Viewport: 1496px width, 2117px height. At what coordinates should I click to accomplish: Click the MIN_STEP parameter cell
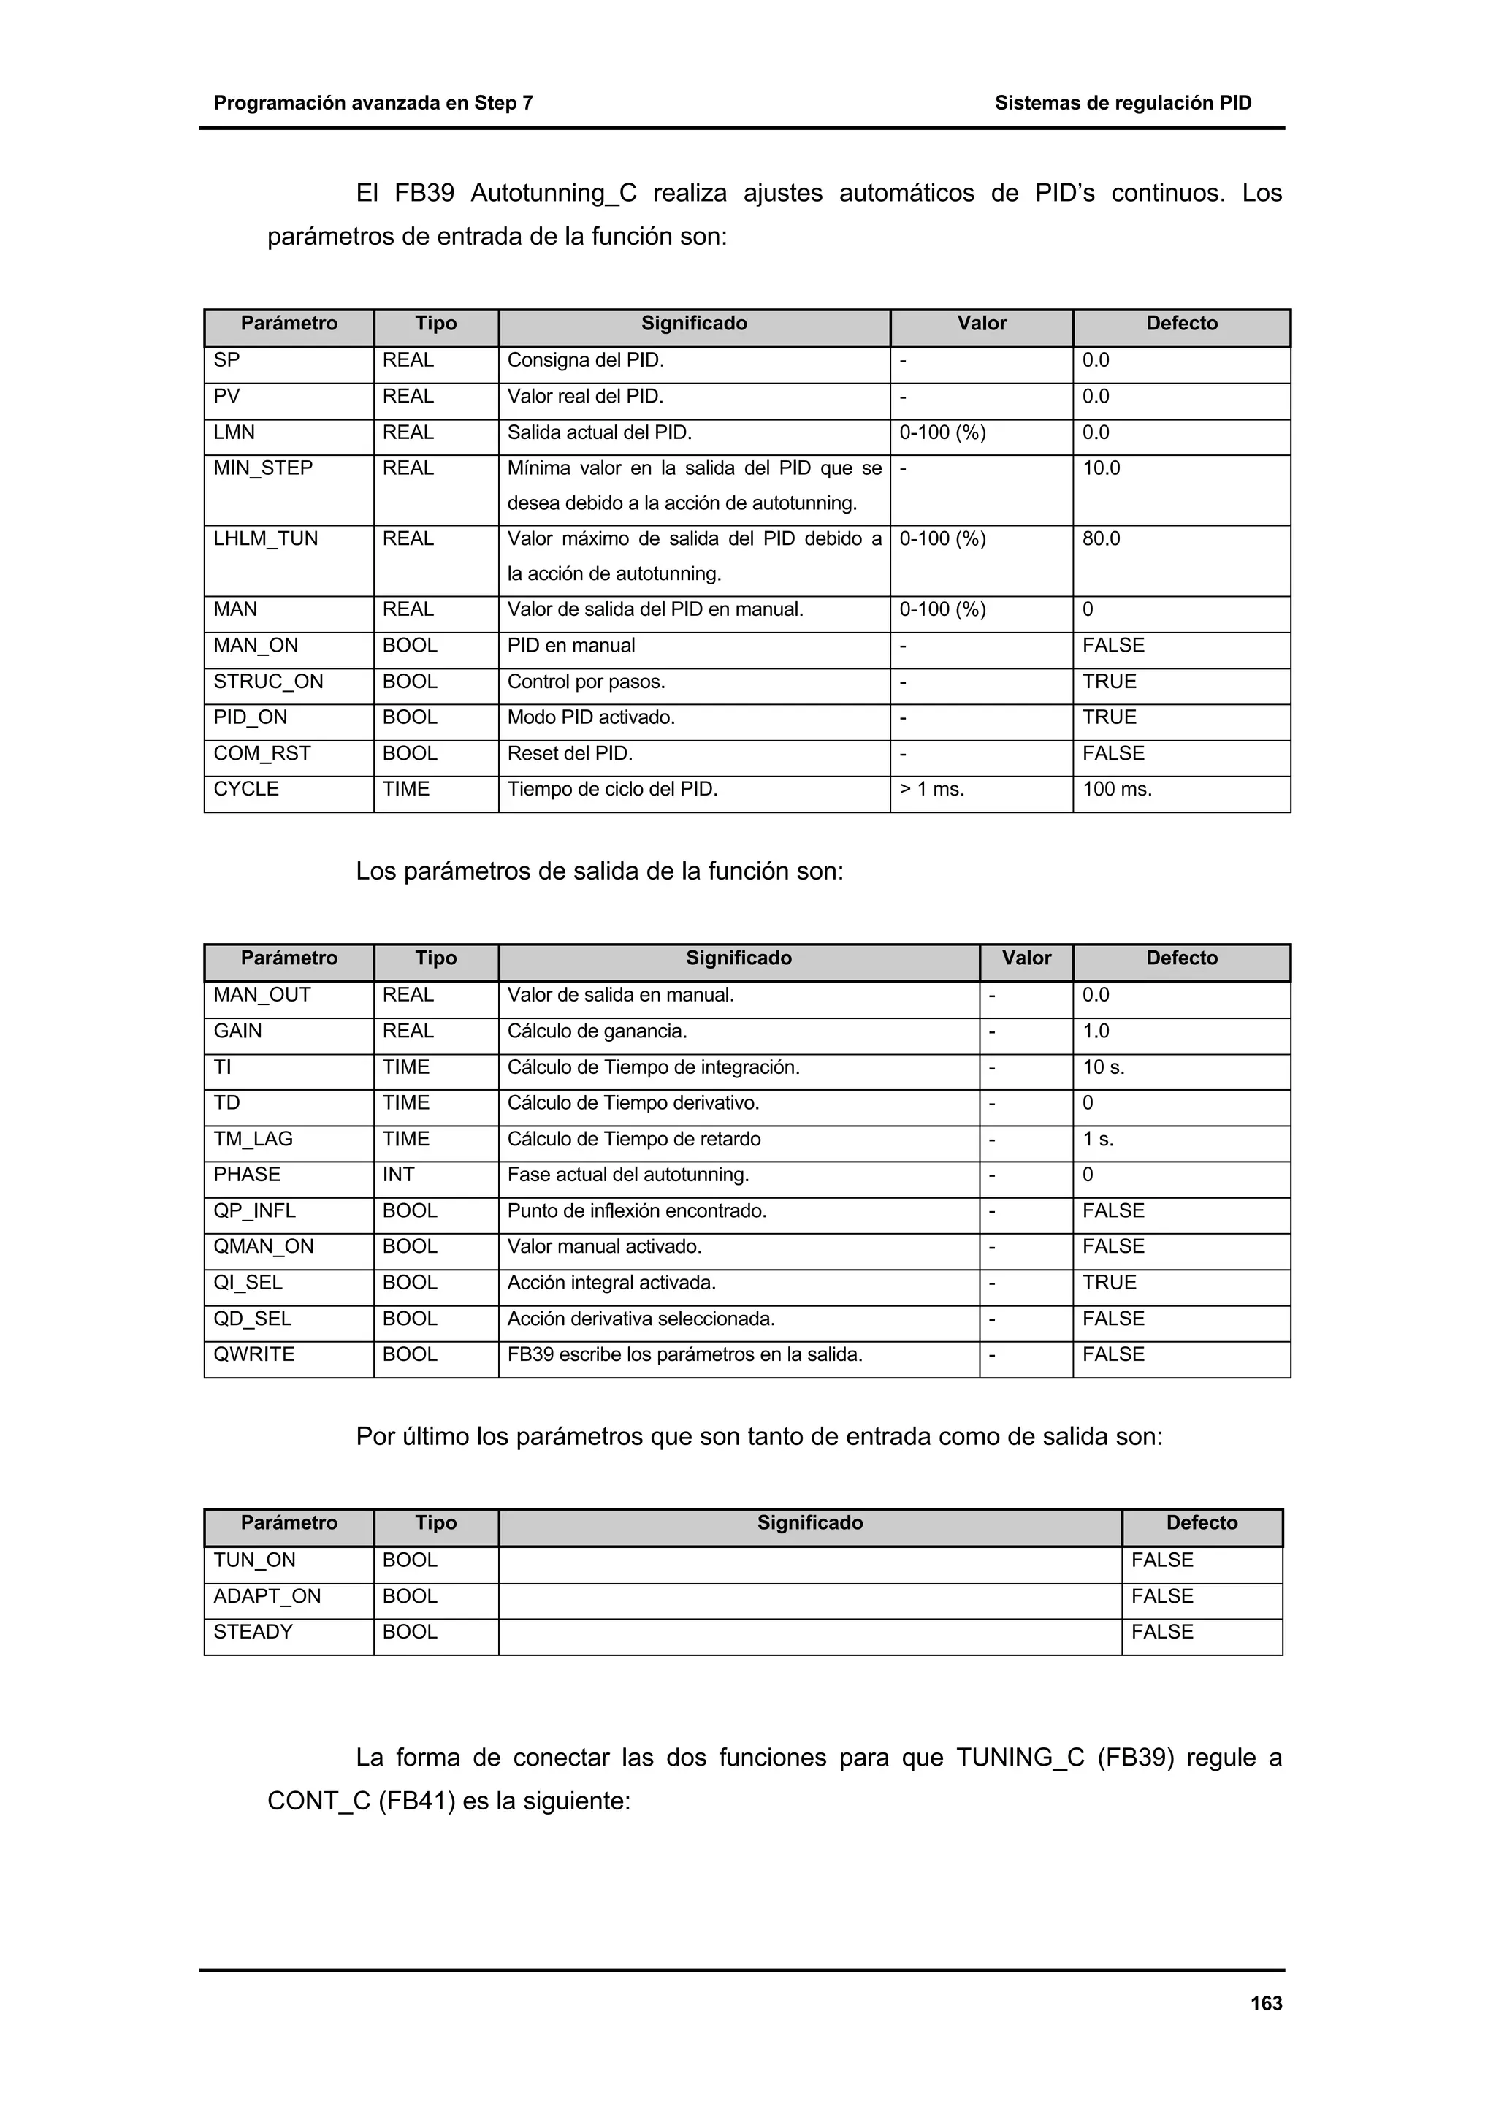[263, 468]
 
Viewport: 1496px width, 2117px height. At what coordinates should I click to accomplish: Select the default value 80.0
[1101, 538]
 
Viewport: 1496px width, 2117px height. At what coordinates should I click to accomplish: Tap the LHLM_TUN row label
[265, 538]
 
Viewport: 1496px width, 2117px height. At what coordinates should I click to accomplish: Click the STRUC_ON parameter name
[268, 682]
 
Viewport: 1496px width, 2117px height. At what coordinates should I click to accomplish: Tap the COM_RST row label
[262, 753]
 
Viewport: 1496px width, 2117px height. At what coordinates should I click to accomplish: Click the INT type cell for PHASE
[398, 1175]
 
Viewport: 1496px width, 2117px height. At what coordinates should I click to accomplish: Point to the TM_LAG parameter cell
[253, 1139]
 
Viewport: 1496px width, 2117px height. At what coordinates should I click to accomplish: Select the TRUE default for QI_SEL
[1109, 1283]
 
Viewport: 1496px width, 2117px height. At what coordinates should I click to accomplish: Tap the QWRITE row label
[253, 1354]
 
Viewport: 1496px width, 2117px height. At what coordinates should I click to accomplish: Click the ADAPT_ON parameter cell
[267, 1596]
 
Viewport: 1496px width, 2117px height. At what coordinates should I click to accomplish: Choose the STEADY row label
[253, 1632]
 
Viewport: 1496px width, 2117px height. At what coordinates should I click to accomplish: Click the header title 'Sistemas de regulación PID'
[1122, 103]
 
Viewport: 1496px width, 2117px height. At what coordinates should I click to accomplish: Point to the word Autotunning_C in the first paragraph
[553, 194]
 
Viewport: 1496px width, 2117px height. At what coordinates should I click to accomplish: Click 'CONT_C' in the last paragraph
[318, 1801]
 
